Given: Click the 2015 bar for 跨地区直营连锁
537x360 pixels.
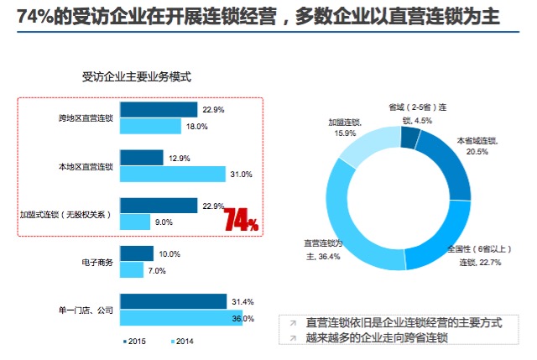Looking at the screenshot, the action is pyautogui.click(x=159, y=110).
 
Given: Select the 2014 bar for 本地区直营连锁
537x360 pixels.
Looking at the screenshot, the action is pyautogui.click(x=173, y=174).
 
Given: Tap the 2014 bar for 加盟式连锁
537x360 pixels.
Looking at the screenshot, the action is pyautogui.click(x=135, y=222).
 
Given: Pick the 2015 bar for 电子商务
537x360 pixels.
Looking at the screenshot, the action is pyautogui.click(x=137, y=253).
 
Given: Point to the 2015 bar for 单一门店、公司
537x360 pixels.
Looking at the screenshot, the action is pyautogui.click(x=174, y=301).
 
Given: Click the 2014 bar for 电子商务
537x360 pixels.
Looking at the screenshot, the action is pyautogui.click(x=132, y=270).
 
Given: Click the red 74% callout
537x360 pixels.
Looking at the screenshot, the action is pyautogui.click(x=241, y=219).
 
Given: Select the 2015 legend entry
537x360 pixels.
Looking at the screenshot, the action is pyautogui.click(x=134, y=342).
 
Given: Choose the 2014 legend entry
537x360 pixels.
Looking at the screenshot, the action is pyautogui.click(x=182, y=342).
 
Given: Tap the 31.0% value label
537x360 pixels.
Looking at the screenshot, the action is pyautogui.click(x=241, y=175).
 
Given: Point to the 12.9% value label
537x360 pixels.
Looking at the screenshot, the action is pyautogui.click(x=179, y=159).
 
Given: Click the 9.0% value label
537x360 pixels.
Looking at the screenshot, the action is pyautogui.click(x=164, y=222).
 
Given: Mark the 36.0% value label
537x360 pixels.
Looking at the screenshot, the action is pyautogui.click(x=242, y=319).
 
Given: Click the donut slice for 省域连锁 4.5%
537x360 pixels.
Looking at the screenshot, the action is pyautogui.click(x=410, y=138).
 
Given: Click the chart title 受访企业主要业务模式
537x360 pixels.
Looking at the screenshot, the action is pyautogui.click(x=136, y=76).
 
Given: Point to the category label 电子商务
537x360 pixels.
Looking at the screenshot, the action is pyautogui.click(x=97, y=263).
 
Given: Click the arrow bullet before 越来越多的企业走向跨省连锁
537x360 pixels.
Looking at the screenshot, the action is pyautogui.click(x=293, y=338).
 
